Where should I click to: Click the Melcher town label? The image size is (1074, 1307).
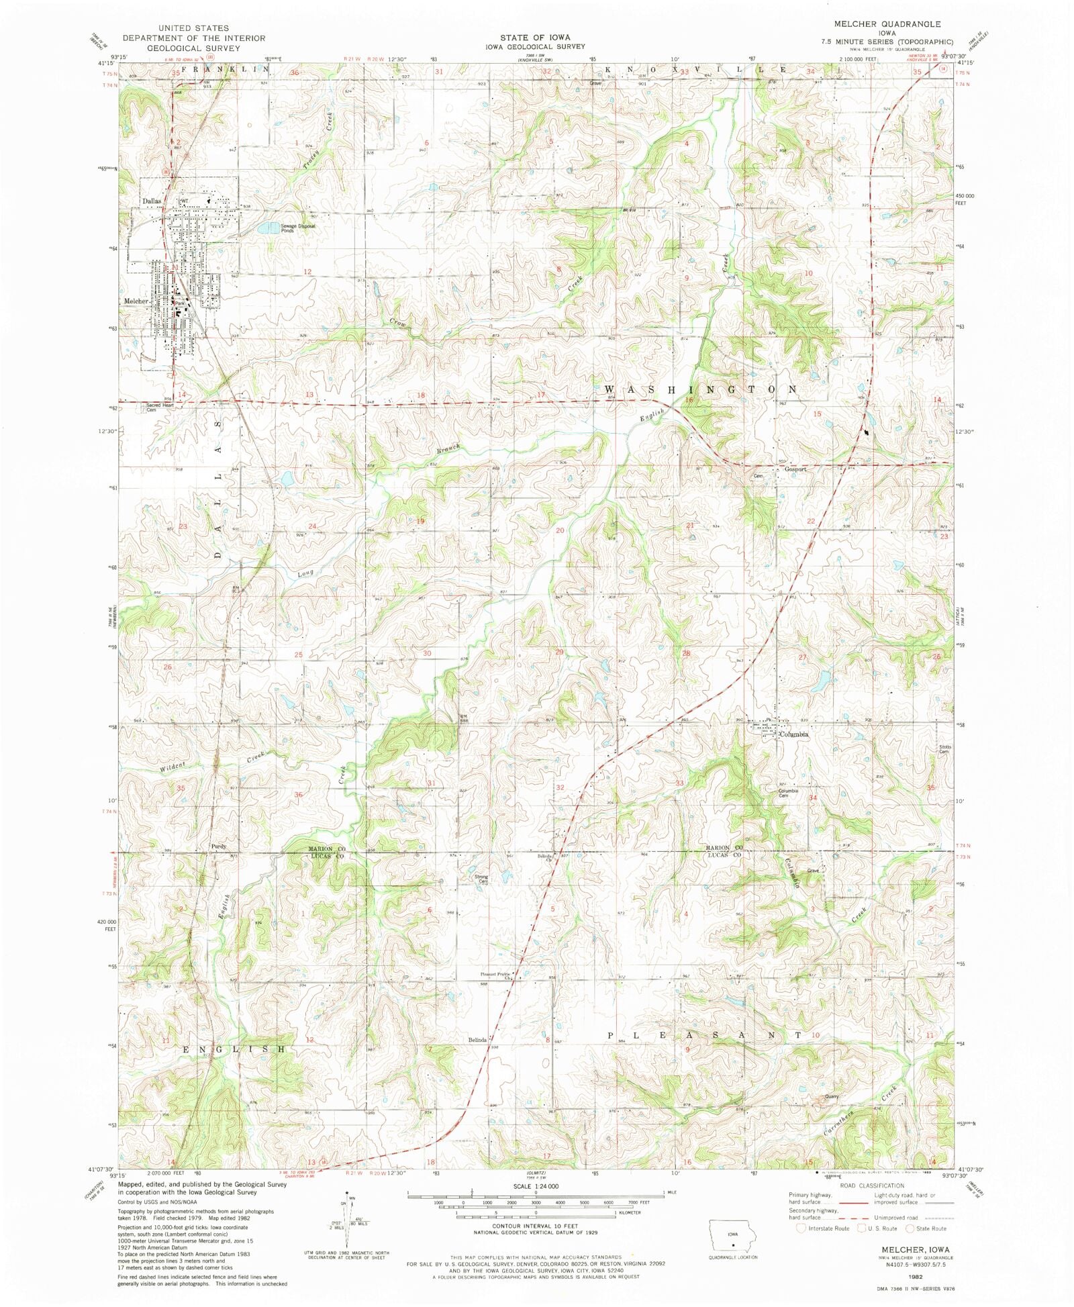(x=136, y=301)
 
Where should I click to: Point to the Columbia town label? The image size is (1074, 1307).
(x=793, y=734)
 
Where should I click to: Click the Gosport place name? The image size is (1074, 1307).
(x=795, y=469)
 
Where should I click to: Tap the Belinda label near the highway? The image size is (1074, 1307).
(x=477, y=1040)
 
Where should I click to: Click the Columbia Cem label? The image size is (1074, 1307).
(x=788, y=793)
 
